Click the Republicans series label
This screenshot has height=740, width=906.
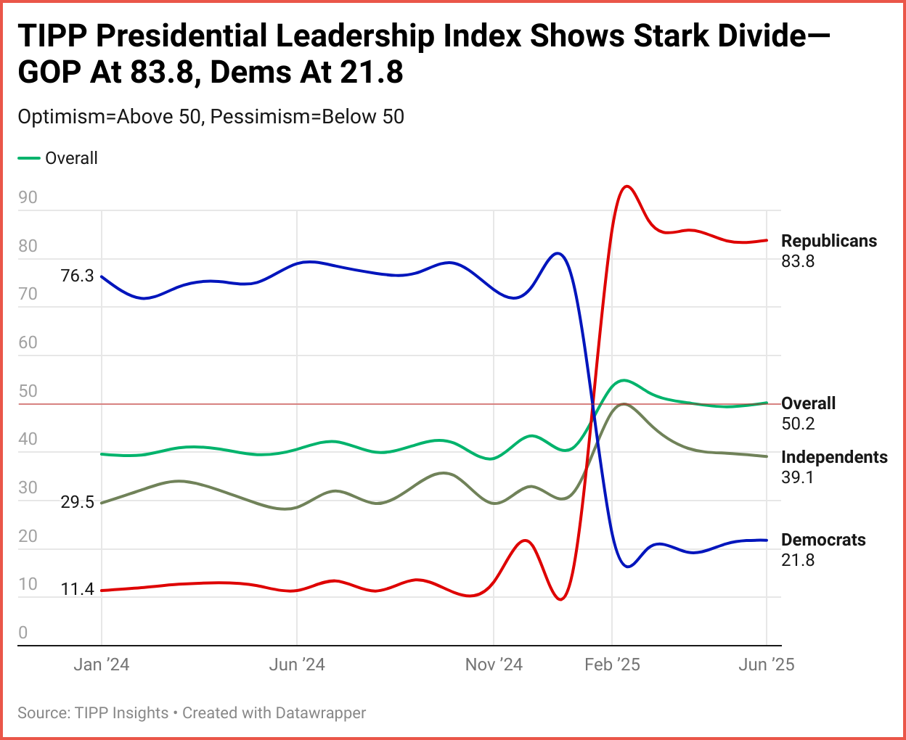[829, 241]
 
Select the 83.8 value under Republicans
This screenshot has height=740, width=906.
[798, 261]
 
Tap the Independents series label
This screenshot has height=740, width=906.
[834, 457]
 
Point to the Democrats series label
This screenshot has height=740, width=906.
[823, 540]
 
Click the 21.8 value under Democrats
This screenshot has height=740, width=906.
[798, 560]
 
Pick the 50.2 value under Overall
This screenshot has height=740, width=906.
[798, 424]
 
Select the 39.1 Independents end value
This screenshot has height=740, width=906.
[798, 477]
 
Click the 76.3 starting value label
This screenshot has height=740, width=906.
[77, 276]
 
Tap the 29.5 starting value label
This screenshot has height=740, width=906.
[77, 502]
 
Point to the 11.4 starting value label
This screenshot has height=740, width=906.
[77, 589]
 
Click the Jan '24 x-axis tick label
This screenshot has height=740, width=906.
[102, 665]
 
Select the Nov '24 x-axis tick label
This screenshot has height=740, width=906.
[494, 665]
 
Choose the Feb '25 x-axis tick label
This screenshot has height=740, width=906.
[612, 665]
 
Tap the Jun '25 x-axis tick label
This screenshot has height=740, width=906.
[766, 665]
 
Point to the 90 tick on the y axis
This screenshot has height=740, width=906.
[28, 197]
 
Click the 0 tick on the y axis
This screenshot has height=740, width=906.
[23, 633]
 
